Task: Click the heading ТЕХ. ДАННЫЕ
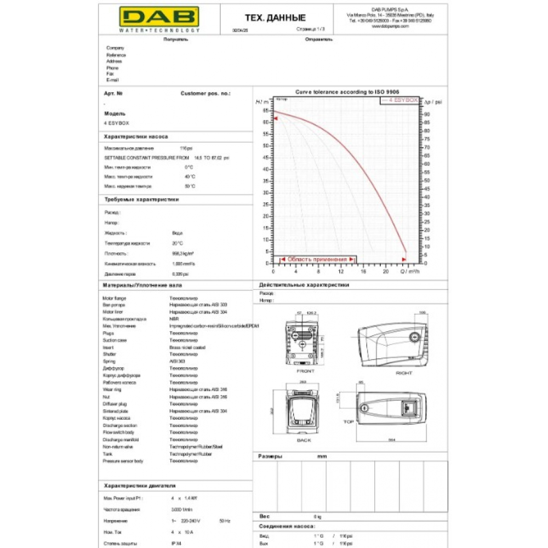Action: (x=275, y=19)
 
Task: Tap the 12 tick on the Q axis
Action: (x=340, y=271)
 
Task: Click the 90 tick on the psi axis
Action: (x=427, y=114)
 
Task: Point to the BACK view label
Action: (x=304, y=440)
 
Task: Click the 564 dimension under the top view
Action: (x=391, y=439)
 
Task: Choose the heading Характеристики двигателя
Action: (x=139, y=486)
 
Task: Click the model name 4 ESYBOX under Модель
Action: (x=116, y=123)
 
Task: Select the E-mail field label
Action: (x=112, y=80)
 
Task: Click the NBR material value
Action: (x=174, y=319)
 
